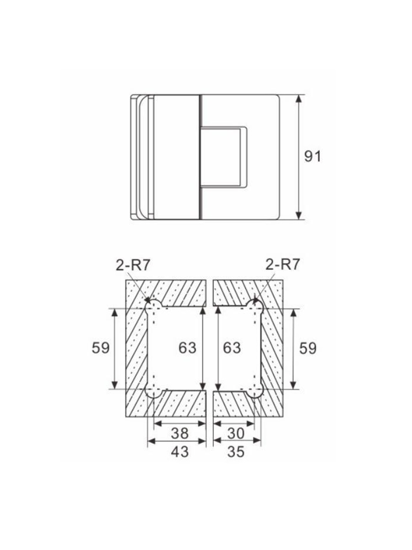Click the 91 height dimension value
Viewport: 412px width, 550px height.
(x=312, y=157)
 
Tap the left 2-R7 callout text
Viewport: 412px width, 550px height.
(x=133, y=265)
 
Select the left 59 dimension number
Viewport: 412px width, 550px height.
(x=101, y=348)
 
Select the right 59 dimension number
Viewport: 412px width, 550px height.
(x=308, y=348)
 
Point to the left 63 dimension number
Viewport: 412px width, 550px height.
(x=187, y=348)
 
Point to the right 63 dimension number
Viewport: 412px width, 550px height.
(x=232, y=348)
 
